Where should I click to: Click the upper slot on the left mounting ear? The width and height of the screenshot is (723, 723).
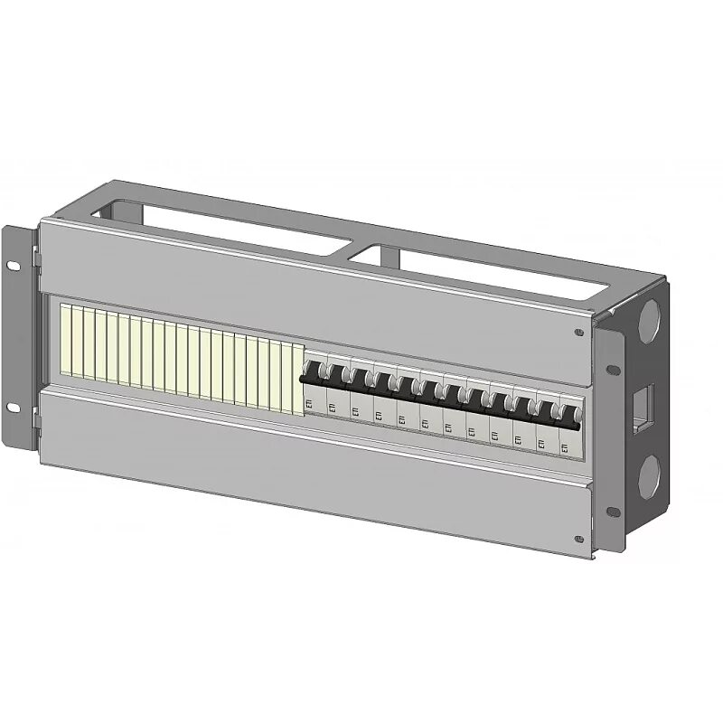tap(13, 265)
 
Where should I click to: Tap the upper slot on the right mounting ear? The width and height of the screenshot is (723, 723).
tap(613, 369)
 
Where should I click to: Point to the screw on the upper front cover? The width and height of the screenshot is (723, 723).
tap(578, 333)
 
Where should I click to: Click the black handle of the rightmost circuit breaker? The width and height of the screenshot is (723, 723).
tap(570, 414)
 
